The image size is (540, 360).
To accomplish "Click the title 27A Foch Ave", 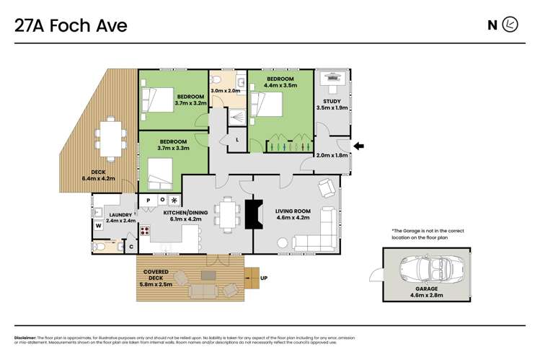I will coord(71,26).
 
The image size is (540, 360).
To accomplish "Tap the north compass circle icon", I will coord(510,25).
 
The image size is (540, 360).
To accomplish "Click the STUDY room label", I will coord(332,102).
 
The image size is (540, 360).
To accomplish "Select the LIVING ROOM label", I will coord(292,211).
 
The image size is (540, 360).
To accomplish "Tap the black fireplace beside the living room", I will coord(252,214).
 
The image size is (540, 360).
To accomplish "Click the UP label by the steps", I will coord(263,277).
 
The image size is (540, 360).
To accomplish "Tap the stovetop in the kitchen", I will coord(144,231).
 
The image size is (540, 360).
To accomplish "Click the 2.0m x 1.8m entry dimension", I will coord(332,154).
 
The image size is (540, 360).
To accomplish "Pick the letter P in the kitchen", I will coord(149,200).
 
